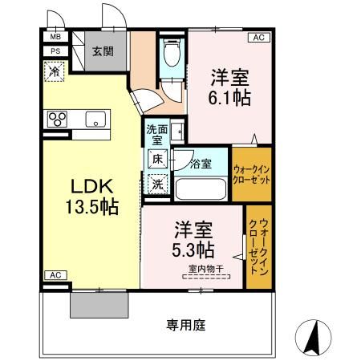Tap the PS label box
pos(56,51)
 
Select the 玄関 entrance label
pos(102,51)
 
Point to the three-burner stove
pos(58,120)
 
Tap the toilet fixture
pos(170,55)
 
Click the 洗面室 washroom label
pos(157,133)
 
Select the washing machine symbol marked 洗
pos(158,184)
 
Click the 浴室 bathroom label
pos(201,164)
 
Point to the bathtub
pos(201,189)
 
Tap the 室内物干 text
pos(205,268)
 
